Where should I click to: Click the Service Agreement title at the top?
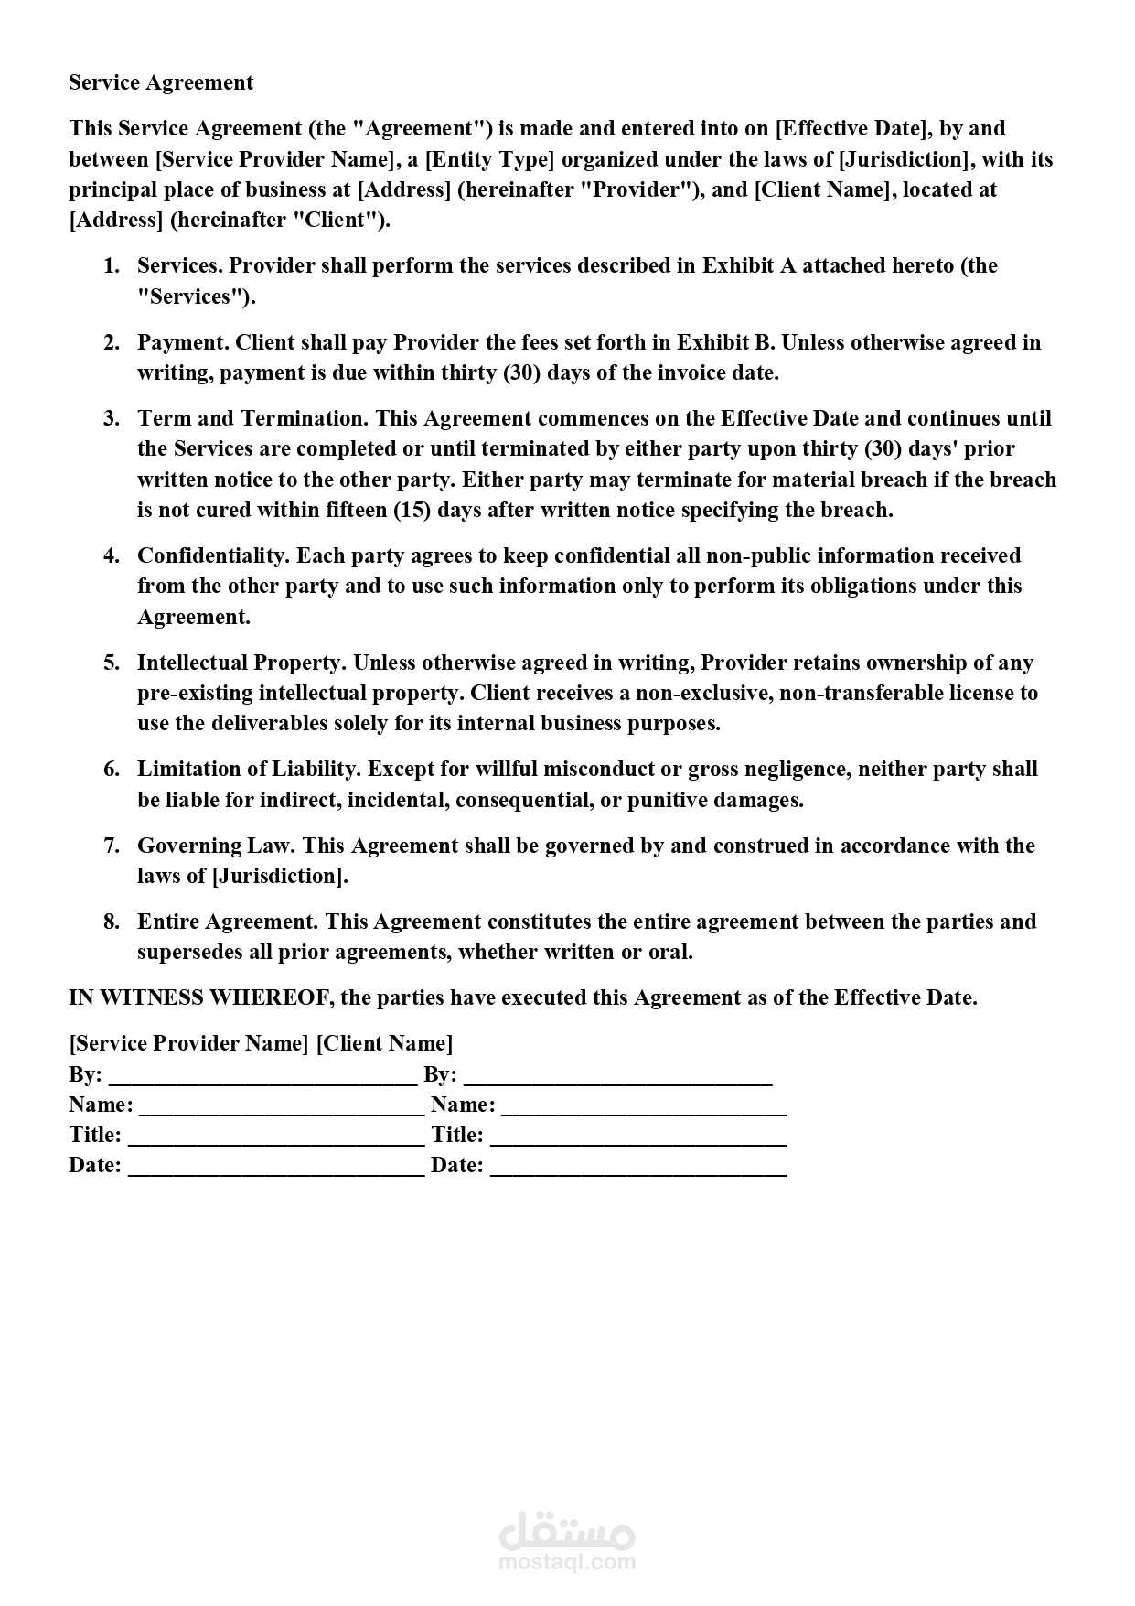point(161,82)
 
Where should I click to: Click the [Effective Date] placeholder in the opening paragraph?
point(852,128)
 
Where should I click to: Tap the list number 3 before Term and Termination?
point(112,418)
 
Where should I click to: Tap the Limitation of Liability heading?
point(249,769)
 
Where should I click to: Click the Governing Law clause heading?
point(217,846)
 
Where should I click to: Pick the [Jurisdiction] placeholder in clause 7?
point(280,876)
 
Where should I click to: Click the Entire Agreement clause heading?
point(228,922)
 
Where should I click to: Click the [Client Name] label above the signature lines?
point(384,1043)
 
